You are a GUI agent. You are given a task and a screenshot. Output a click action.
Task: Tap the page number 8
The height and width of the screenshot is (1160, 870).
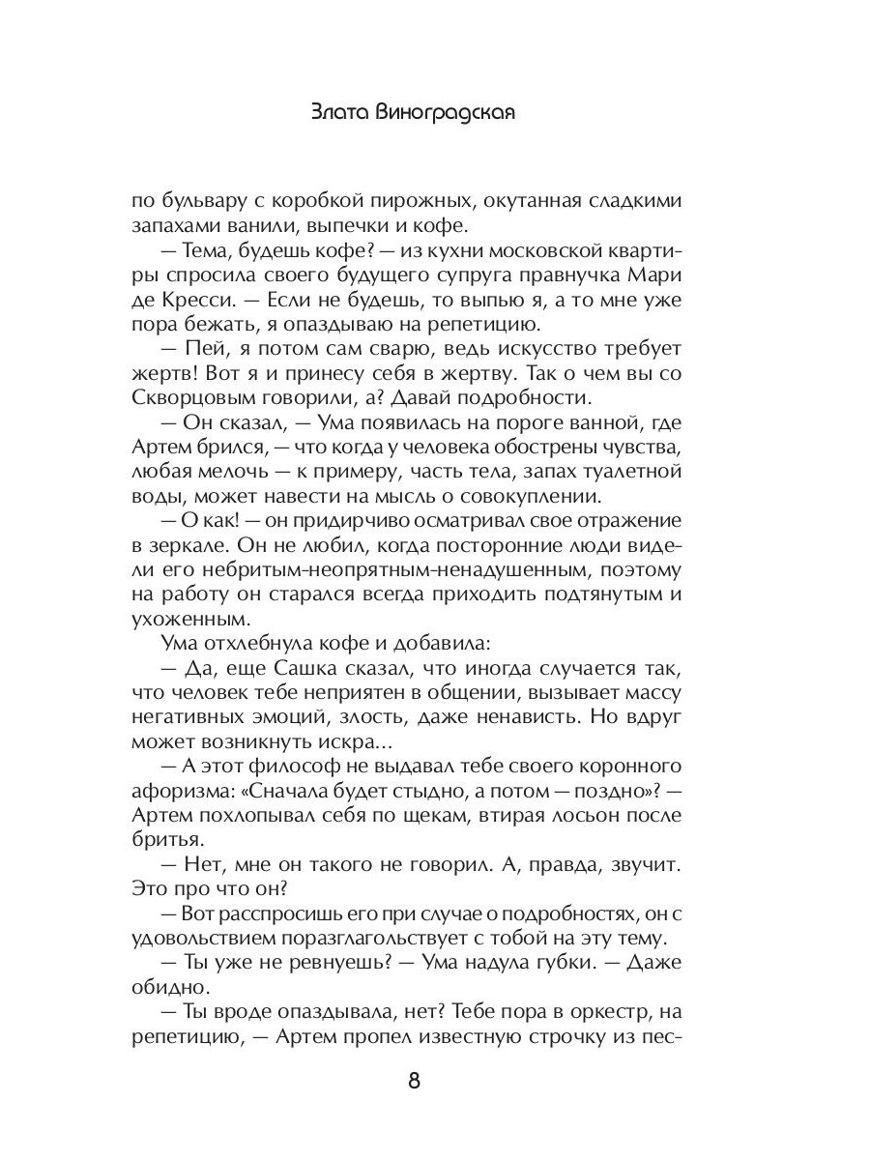(x=414, y=1081)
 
